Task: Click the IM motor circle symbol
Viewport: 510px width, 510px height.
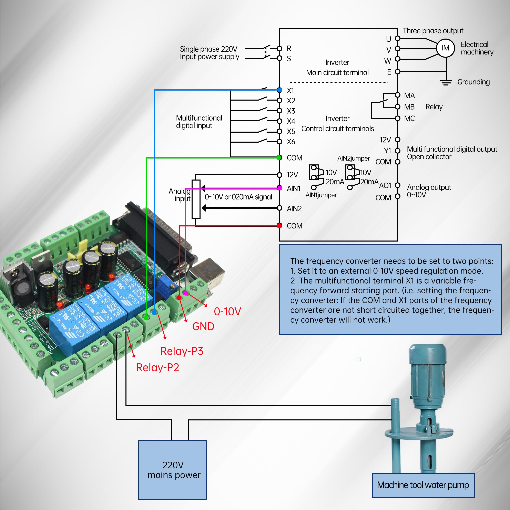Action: point(445,48)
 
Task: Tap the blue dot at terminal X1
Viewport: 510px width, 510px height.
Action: point(279,90)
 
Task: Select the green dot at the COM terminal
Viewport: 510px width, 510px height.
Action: point(279,158)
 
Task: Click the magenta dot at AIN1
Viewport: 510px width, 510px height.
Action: point(279,188)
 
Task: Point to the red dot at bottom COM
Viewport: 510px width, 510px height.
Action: point(279,225)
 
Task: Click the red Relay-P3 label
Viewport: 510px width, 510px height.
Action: point(182,351)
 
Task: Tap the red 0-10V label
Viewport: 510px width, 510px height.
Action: point(227,312)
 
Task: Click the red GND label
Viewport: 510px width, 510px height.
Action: point(203,327)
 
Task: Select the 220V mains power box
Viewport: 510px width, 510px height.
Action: point(172,470)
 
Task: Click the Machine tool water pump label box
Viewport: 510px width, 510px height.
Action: point(423,485)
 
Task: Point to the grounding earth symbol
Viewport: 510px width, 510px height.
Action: point(446,83)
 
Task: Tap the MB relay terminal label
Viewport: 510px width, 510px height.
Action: point(409,107)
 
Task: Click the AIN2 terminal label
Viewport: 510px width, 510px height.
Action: point(294,208)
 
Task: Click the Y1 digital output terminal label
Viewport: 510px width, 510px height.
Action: point(387,151)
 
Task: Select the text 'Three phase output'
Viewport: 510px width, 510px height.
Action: point(433,31)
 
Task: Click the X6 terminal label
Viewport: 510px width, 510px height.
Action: point(291,142)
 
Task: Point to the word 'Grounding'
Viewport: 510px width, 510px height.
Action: point(473,82)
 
